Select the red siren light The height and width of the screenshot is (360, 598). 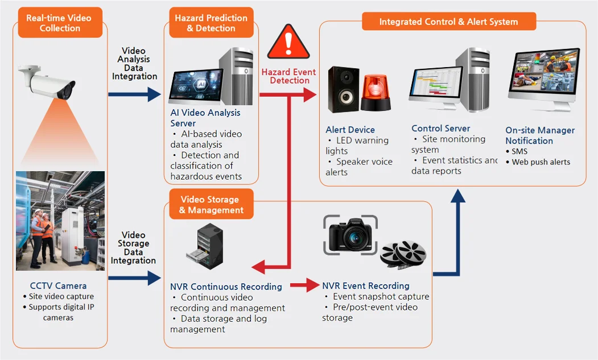pyautogui.click(x=376, y=93)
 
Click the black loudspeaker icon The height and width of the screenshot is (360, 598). pyautogui.click(x=343, y=90)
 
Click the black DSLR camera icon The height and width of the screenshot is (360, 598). pyautogui.click(x=350, y=234)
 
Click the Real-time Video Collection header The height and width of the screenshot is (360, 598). pyautogui.click(x=59, y=23)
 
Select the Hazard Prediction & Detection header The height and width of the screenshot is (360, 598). pyautogui.click(x=211, y=23)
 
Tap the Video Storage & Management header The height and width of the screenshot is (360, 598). pyautogui.click(x=211, y=205)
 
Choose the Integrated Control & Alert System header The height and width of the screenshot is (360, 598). pyautogui.click(x=448, y=22)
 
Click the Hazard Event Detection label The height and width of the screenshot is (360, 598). pyautogui.click(x=289, y=76)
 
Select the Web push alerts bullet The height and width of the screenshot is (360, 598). pyautogui.click(x=541, y=162)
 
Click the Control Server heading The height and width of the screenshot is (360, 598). pyautogui.click(x=440, y=129)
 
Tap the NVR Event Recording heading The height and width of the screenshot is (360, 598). pyautogui.click(x=366, y=285)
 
